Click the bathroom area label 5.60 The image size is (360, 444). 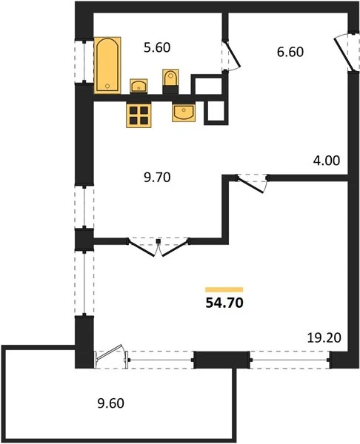(157, 47)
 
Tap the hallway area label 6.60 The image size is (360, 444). (290, 52)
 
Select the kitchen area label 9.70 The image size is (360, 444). (157, 178)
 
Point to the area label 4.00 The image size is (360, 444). (326, 161)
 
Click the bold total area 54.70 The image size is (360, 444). (224, 303)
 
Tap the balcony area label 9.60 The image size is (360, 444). (111, 403)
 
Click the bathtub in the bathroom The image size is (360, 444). (107, 65)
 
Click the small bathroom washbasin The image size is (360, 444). (139, 86)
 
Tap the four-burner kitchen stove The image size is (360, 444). (139, 115)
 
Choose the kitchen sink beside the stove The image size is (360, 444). (184, 112)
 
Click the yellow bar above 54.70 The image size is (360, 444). (224, 289)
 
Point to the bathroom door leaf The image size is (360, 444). (233, 55)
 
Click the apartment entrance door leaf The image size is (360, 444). (344, 54)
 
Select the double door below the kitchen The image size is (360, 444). (159, 248)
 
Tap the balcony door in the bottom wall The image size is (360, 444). (111, 357)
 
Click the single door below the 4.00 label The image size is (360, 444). (251, 185)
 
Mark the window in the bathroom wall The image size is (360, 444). (84, 61)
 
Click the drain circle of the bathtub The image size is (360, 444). (107, 86)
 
